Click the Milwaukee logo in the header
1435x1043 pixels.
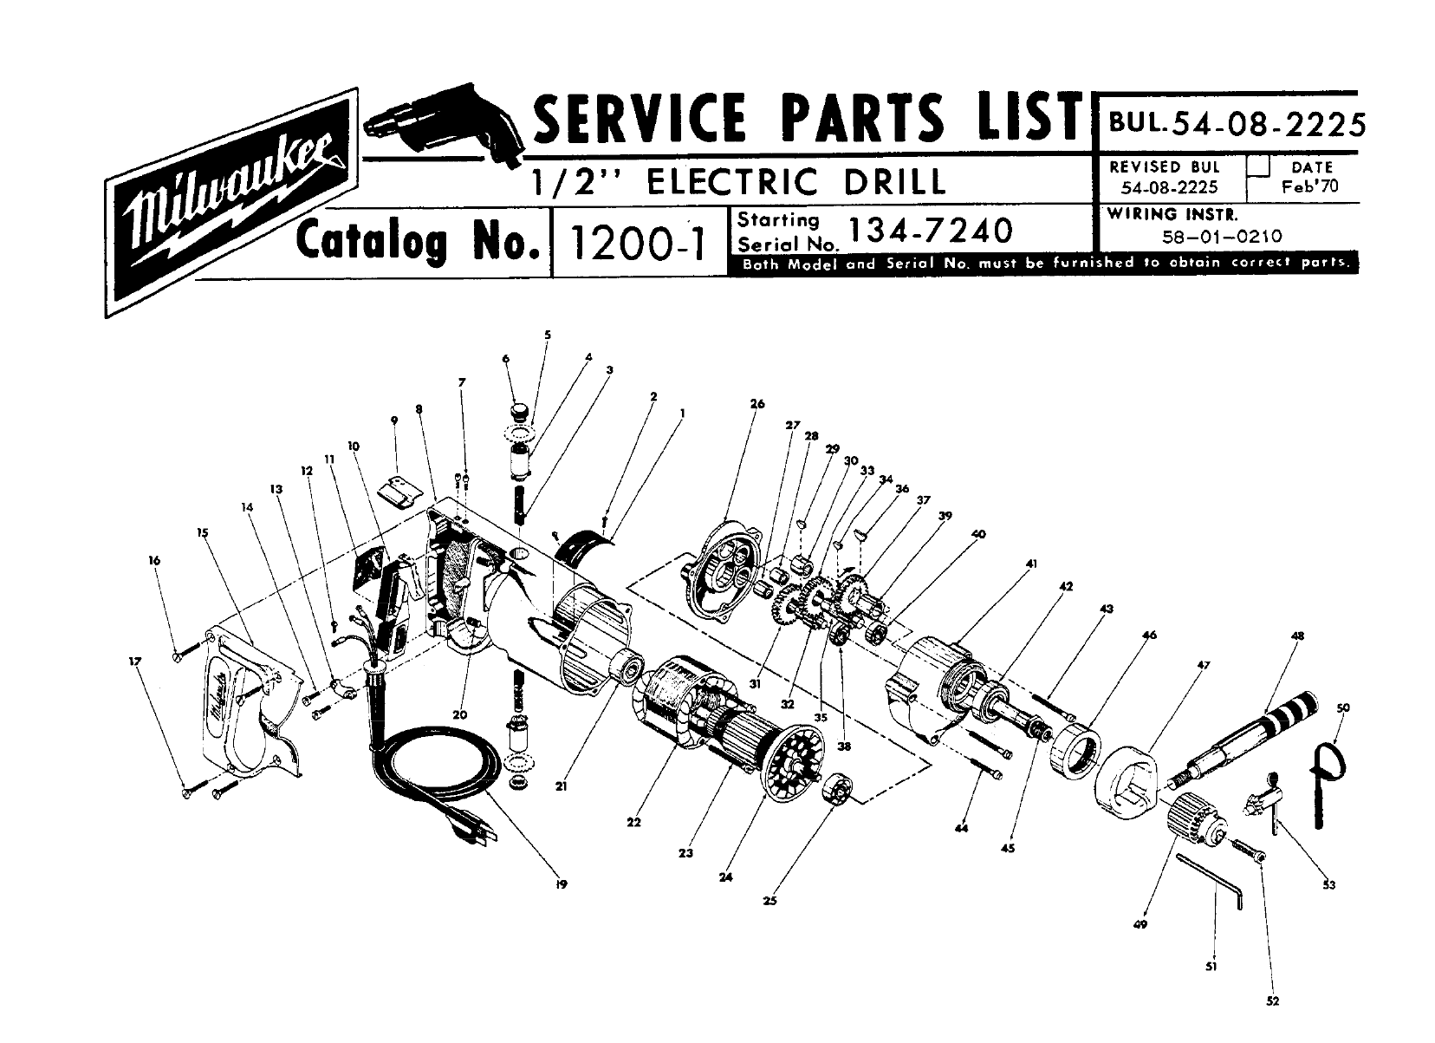coord(231,203)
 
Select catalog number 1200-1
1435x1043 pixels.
coord(638,244)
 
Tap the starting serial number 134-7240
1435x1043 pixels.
coord(930,231)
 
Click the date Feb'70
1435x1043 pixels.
coord(1310,186)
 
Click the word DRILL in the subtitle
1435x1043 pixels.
coord(894,181)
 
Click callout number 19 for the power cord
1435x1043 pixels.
coord(562,884)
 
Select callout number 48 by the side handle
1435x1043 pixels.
coord(1297,636)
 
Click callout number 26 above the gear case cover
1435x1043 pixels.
coord(757,404)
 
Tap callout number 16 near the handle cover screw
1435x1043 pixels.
coord(154,560)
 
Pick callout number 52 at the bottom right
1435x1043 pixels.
coord(1272,1001)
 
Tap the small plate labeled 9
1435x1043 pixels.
coord(399,491)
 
